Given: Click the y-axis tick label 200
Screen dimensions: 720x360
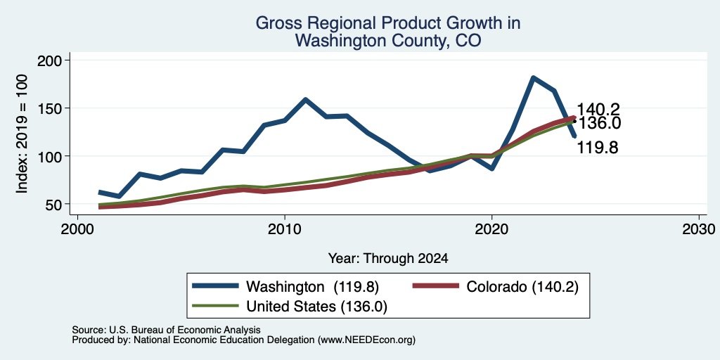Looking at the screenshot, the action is tap(50, 60).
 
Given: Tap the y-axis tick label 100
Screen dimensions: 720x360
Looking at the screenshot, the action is tap(50, 156).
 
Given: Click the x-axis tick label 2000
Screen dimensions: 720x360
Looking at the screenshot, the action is tap(78, 229).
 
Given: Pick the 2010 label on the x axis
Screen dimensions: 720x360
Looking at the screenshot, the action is tap(285, 229).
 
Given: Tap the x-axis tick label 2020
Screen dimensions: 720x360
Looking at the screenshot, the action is tap(491, 229).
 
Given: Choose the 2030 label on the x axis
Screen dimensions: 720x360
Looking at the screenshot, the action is tap(699, 229).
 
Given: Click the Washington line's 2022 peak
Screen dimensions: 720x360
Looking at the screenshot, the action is tap(533, 78).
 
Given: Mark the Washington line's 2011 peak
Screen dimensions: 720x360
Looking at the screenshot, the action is tap(305, 100).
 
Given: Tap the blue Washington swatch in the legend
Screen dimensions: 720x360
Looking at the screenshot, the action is tap(216, 286).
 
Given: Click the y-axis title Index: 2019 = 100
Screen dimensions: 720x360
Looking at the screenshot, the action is tap(22, 134).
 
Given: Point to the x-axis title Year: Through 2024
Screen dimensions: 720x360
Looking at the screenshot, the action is tap(388, 259).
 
